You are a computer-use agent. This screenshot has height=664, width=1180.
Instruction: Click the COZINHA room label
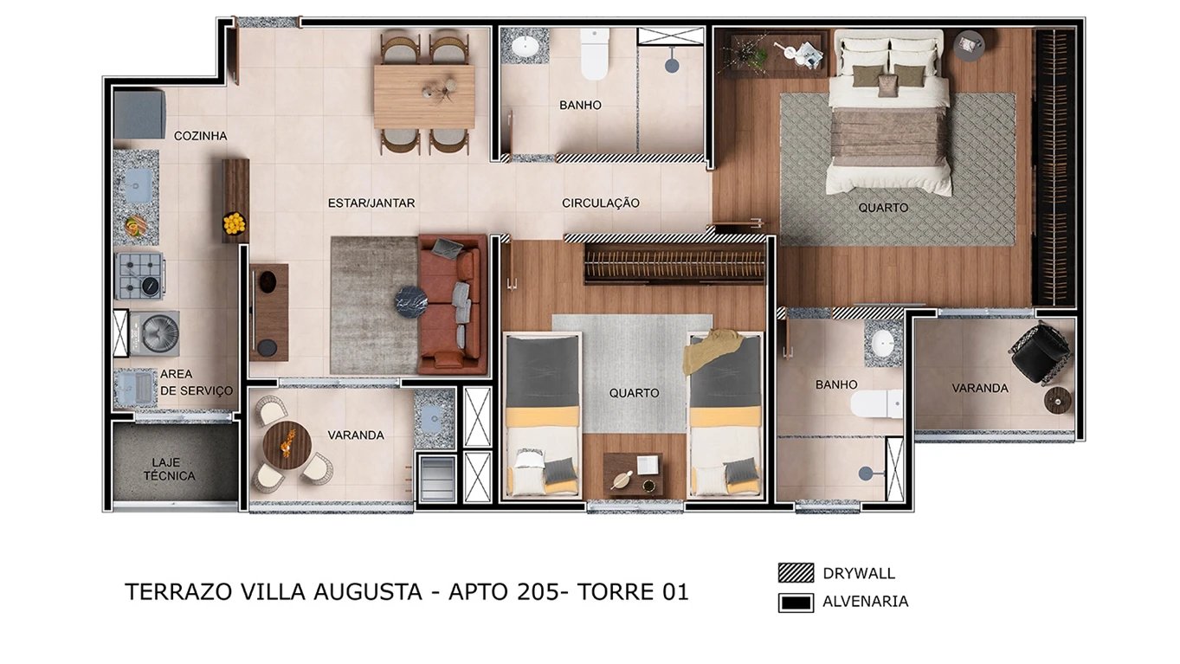200,136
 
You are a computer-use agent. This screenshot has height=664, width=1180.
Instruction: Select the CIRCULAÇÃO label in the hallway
600,203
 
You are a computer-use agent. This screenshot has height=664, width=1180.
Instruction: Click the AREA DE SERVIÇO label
196,383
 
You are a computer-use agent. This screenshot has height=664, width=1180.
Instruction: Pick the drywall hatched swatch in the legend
796,573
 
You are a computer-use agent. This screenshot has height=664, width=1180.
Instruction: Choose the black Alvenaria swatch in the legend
796,602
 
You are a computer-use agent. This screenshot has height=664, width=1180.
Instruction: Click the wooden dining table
424,95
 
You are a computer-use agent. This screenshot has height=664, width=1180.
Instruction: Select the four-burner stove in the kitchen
139,276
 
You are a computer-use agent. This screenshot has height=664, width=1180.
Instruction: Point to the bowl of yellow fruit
235,223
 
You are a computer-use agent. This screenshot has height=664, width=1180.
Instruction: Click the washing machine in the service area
159,333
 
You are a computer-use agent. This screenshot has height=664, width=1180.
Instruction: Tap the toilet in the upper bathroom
594,54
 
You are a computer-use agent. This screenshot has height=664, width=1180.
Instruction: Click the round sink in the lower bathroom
883,342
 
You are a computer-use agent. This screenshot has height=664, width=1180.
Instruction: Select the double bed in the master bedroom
887,117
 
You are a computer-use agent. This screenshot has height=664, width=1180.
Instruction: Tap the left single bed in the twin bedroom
542,416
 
